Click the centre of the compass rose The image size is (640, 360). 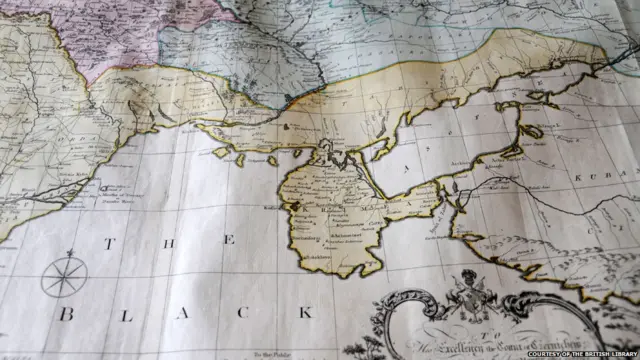(64, 277)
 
